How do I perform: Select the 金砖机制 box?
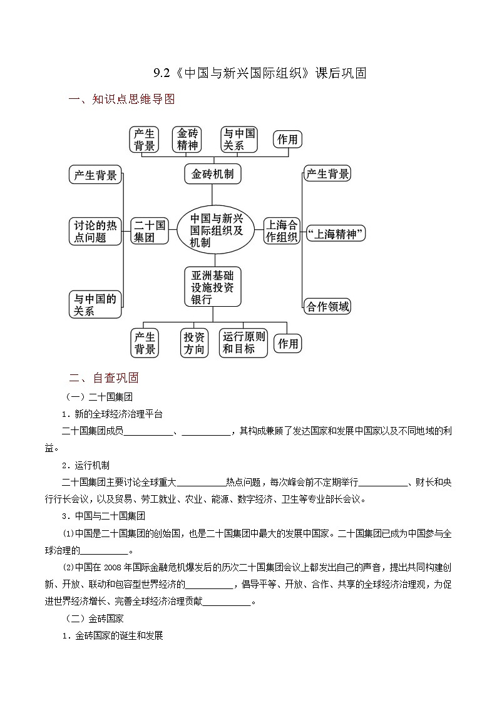213,174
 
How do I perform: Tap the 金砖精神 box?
188,140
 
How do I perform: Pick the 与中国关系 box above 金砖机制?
240,140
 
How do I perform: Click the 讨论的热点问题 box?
95,231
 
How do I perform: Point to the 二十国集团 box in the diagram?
149,231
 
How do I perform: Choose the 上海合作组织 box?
282,231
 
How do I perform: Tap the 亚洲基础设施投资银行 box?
213,287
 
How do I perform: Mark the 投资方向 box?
194,343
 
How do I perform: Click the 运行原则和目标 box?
244,343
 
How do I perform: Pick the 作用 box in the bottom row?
288,343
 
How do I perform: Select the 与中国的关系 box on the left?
95,305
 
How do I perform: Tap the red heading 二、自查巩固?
104,378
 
